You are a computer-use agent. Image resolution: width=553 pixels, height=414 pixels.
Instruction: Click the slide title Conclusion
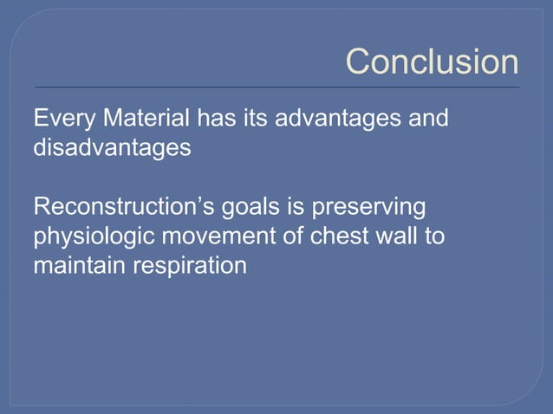432,62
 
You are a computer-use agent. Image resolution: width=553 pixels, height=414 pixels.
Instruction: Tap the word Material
144,117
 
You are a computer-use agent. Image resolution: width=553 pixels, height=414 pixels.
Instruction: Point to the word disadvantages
112,147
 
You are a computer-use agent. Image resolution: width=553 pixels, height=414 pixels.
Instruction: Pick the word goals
245,208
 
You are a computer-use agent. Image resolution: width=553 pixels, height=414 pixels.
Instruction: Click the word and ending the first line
430,117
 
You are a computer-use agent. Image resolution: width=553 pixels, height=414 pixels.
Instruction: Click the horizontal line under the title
277,87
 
